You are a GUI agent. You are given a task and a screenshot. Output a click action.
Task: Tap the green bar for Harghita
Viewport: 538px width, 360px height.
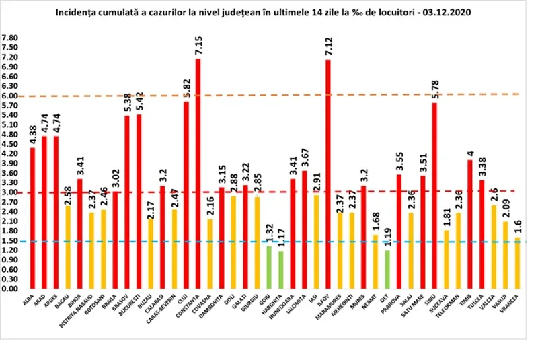click(280, 269)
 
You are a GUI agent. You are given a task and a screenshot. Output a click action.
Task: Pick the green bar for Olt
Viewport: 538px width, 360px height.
click(387, 269)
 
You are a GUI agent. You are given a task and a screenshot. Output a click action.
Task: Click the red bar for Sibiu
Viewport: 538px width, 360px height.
click(434, 195)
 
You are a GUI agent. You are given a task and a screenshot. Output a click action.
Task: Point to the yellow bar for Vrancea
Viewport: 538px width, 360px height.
click(517, 262)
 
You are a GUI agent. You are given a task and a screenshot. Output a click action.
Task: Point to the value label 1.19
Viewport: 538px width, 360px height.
click(387, 236)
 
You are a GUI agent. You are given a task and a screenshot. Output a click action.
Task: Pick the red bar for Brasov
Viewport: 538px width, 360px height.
click(127, 202)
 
